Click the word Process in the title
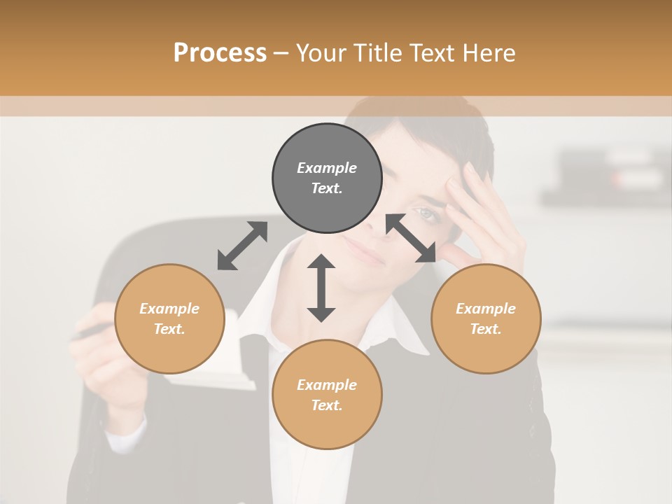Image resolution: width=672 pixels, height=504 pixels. click(x=220, y=53)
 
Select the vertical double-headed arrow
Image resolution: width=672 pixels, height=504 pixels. click(x=321, y=288)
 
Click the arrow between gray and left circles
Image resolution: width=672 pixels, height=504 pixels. click(x=242, y=246)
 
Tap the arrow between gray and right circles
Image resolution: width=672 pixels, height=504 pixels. click(x=411, y=238)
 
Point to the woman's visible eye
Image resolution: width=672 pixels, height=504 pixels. click(x=427, y=212)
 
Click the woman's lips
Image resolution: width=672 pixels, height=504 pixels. click(x=365, y=251)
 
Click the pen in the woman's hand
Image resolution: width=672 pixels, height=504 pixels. click(x=84, y=334)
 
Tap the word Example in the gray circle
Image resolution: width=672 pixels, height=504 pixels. click(x=327, y=168)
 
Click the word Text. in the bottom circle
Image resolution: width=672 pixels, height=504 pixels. click(x=327, y=405)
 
